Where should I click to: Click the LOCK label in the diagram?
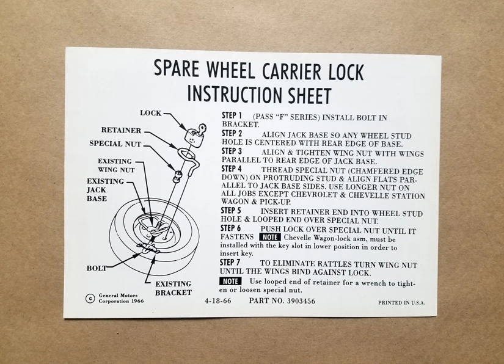[151, 113]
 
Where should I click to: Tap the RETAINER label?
[121, 130]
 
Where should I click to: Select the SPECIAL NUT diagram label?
[115, 144]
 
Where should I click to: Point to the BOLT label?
[97, 268]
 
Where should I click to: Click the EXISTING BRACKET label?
[173, 288]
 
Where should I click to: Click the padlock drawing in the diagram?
[195, 134]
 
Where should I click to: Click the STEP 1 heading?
[232, 115]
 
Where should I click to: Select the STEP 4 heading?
[231, 169]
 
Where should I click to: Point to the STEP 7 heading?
[230, 262]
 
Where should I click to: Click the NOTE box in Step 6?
[269, 237]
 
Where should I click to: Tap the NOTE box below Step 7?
[230, 281]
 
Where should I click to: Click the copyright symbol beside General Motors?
[90, 299]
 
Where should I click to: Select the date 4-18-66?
[217, 300]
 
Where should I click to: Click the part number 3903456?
[301, 301]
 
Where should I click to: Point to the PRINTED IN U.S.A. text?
[401, 303]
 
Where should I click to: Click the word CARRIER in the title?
[291, 71]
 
